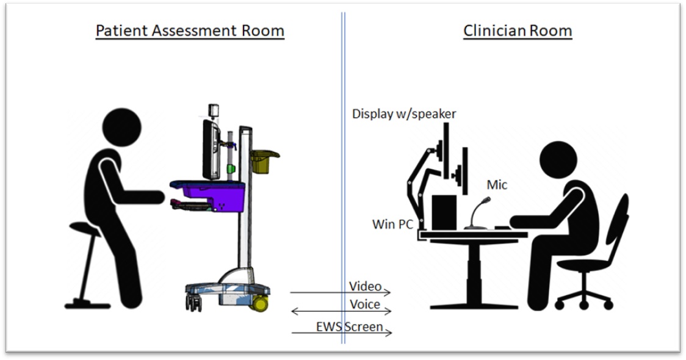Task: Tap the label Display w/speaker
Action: click(404, 114)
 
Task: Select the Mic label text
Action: click(496, 184)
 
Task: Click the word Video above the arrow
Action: click(365, 286)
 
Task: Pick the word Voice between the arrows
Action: click(365, 304)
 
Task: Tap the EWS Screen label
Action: click(349, 326)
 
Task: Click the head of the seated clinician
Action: click(559, 161)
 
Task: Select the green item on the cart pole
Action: click(231, 168)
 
